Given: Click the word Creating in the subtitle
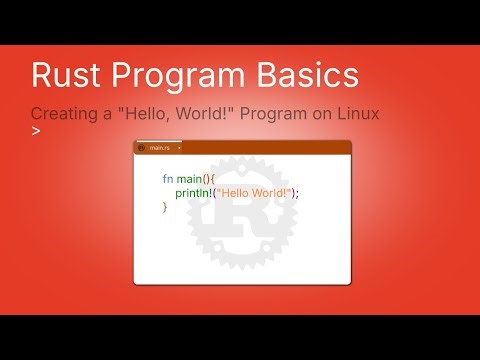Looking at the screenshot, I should [x=62, y=113].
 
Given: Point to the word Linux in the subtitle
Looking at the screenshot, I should [x=356, y=113].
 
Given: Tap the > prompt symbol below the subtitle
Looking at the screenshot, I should [x=36, y=131].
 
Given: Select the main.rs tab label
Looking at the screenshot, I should [x=159, y=148].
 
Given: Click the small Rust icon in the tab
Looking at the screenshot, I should [x=142, y=148].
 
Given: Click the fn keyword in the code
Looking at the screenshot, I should [x=168, y=178].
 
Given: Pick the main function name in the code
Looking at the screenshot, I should [x=191, y=178].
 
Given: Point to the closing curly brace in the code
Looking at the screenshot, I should [x=165, y=207].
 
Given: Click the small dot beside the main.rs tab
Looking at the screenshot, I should [x=179, y=148].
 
